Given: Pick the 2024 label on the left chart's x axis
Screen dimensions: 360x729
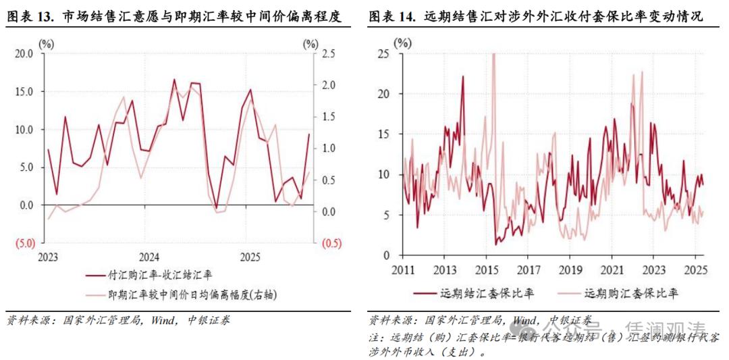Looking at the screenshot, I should (148, 257).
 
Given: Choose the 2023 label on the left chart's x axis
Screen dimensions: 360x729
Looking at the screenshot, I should (47, 257).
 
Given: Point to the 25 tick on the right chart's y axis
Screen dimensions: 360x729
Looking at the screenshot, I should (384, 53).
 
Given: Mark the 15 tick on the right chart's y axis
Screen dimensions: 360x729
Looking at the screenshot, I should (384, 134).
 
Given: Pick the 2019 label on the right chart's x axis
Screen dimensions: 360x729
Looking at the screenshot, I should (569, 269).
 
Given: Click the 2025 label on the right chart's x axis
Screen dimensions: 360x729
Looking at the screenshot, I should (695, 269).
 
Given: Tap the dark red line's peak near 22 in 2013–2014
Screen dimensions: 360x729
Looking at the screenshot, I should (463, 76).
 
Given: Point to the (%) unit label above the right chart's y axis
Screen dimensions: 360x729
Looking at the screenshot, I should (402, 43).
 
